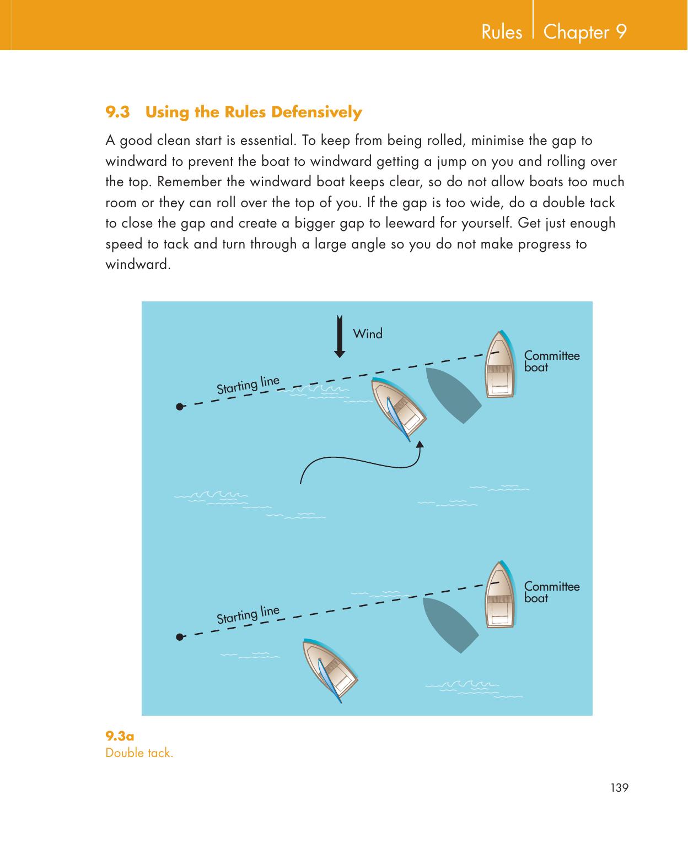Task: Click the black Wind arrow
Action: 340,337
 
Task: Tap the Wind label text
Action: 367,334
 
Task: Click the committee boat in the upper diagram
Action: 499,365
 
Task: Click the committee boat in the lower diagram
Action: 499,595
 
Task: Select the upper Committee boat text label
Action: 551,361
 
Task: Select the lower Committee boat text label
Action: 551,592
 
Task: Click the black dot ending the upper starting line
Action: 180,407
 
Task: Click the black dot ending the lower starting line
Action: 180,637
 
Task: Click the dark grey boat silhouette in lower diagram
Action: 451,624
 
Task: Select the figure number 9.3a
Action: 120,736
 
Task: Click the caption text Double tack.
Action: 139,753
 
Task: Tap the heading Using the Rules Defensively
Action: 254,112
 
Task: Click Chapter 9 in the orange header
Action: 585,32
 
